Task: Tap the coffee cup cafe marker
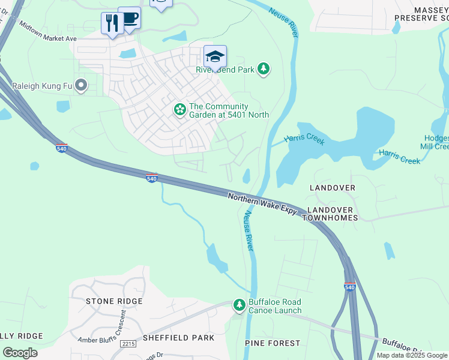[130, 18]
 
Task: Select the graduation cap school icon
[215, 56]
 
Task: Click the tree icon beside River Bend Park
[263, 70]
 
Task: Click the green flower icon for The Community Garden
[179, 110]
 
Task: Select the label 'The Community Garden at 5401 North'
[228, 110]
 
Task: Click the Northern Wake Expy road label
[262, 204]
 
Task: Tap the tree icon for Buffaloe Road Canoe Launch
[240, 306]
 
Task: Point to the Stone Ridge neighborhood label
[114, 301]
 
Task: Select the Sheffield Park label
[178, 338]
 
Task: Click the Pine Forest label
[273, 343]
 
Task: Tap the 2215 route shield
[128, 344]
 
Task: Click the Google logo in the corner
[20, 352]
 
